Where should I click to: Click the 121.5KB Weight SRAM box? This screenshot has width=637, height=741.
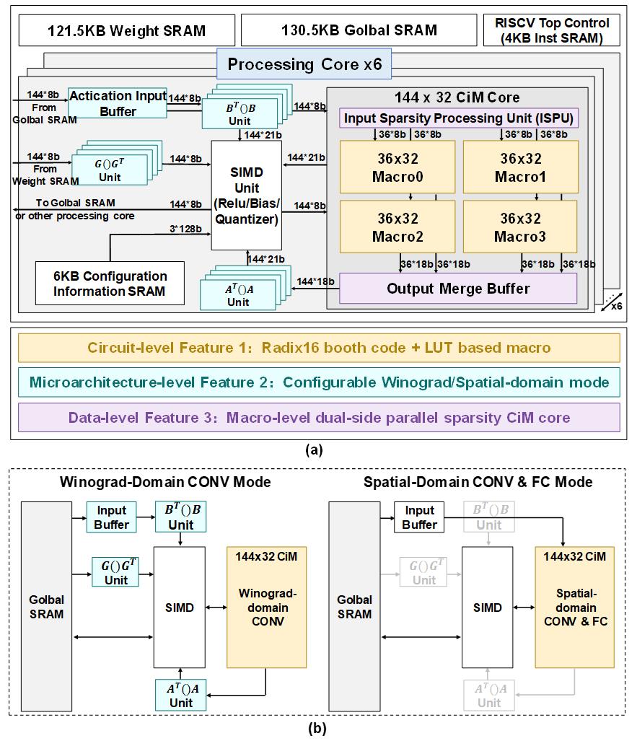coord(126,30)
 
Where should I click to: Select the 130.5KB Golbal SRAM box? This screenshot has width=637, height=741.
coord(358,30)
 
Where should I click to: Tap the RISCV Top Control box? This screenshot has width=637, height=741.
coord(552,30)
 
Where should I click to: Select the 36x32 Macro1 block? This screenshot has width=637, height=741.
coord(519,165)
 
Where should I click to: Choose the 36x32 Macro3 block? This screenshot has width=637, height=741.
coord(519,226)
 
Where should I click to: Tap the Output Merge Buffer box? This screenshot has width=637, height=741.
coord(458,289)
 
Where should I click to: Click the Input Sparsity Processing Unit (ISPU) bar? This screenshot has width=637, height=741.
coord(459,118)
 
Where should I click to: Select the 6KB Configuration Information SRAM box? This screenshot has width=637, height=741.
coord(110,284)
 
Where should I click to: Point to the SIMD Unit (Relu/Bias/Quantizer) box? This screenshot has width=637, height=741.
coord(245,194)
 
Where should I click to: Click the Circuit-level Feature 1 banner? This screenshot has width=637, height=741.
coord(318,348)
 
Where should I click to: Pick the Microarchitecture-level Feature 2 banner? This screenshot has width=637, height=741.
coord(318,382)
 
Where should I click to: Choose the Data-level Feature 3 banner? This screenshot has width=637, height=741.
coord(318,417)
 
